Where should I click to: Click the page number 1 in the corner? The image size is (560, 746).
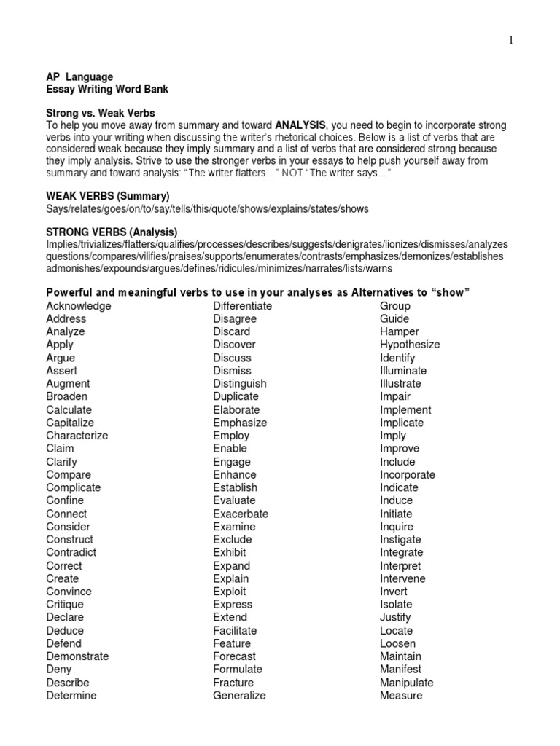click(x=511, y=41)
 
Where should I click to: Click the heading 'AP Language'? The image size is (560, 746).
click(x=79, y=76)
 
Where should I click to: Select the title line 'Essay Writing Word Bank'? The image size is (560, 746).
click(x=107, y=89)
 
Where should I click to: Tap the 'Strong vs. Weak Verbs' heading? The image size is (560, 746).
click(x=101, y=113)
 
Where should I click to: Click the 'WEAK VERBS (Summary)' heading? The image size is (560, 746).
click(x=108, y=197)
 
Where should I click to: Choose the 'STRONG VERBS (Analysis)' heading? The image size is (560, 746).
click(x=112, y=232)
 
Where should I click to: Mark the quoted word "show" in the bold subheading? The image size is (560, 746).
click(x=451, y=292)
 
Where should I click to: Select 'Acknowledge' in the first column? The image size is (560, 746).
click(x=79, y=306)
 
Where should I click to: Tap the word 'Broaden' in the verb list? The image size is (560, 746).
click(x=66, y=396)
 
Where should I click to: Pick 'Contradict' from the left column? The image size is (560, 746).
click(x=71, y=552)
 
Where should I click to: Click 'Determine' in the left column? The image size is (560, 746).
click(x=71, y=695)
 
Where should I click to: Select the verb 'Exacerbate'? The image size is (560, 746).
click(x=241, y=514)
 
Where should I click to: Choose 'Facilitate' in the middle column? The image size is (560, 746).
click(x=235, y=630)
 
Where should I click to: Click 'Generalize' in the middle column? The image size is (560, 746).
click(x=239, y=695)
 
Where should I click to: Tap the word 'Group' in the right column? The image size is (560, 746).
click(x=395, y=306)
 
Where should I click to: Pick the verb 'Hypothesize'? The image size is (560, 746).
click(x=410, y=345)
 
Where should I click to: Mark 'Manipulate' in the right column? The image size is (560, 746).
click(x=407, y=683)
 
